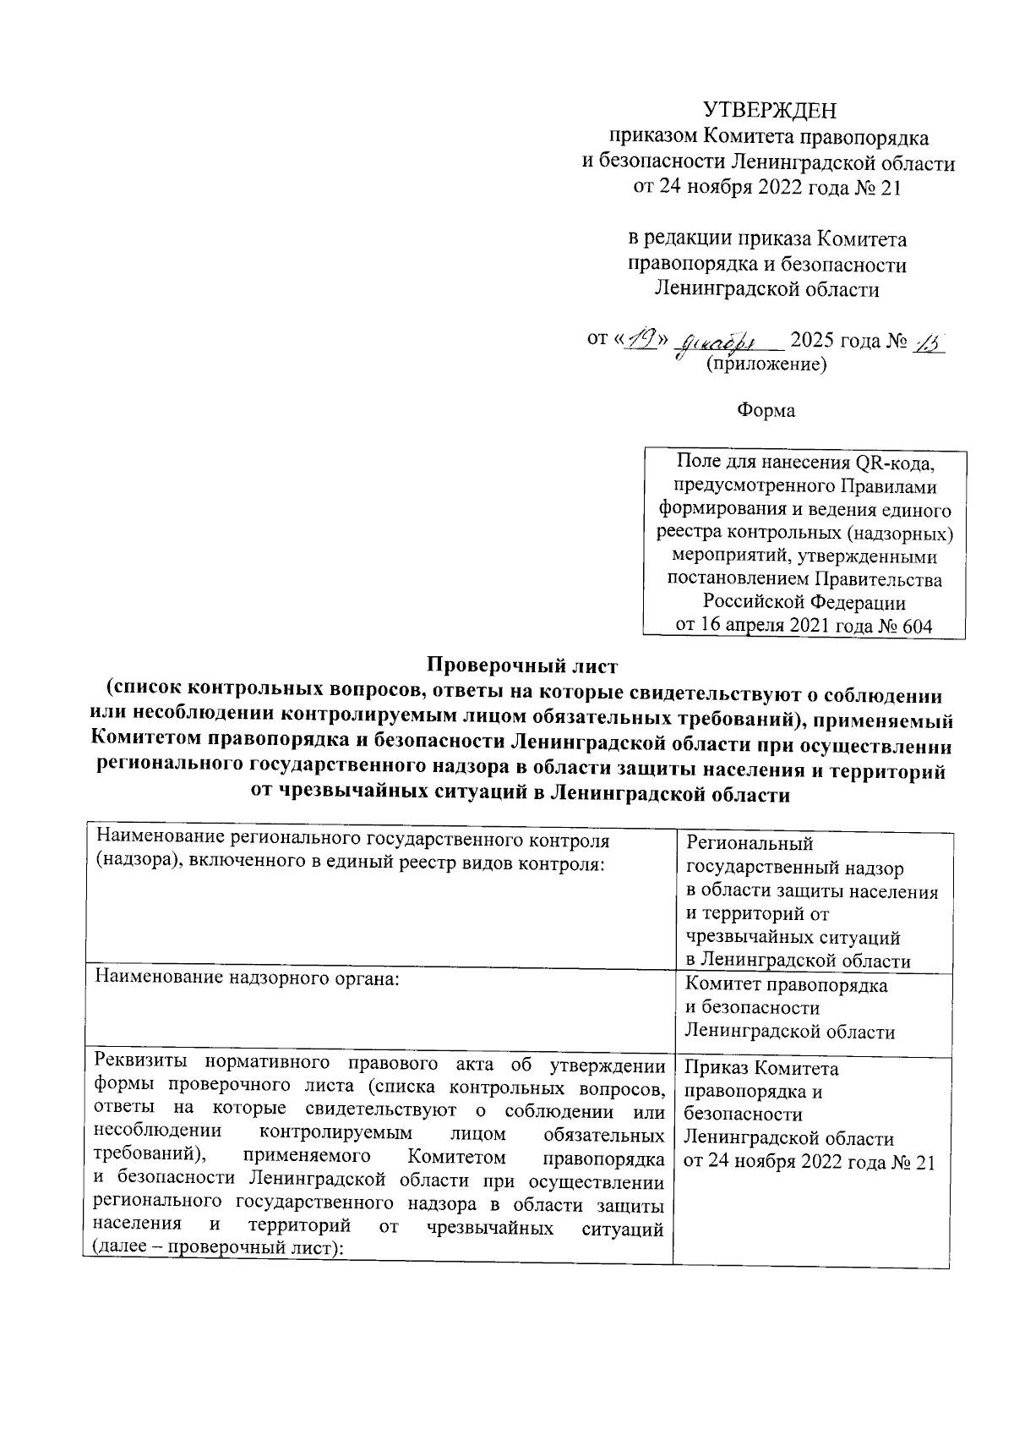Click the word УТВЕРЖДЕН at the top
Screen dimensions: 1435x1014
click(x=770, y=111)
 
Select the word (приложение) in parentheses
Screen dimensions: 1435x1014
click(x=766, y=365)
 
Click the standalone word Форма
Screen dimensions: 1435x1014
click(x=766, y=410)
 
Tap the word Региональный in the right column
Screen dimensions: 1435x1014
click(x=750, y=843)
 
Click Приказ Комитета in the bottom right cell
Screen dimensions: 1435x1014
click(x=761, y=1069)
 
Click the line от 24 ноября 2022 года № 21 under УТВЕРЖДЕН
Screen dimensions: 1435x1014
click(x=767, y=187)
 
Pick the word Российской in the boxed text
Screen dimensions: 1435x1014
click(x=754, y=603)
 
